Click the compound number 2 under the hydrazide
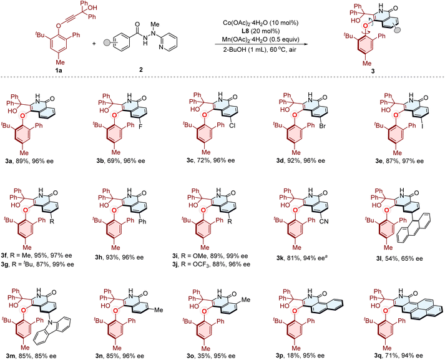141,69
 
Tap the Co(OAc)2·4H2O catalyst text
260,22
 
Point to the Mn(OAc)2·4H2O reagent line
260,39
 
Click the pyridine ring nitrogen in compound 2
161,47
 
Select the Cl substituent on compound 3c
232,125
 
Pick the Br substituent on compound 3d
323,125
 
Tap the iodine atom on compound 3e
422,125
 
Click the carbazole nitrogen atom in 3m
50,323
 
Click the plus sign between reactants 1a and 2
94,44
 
